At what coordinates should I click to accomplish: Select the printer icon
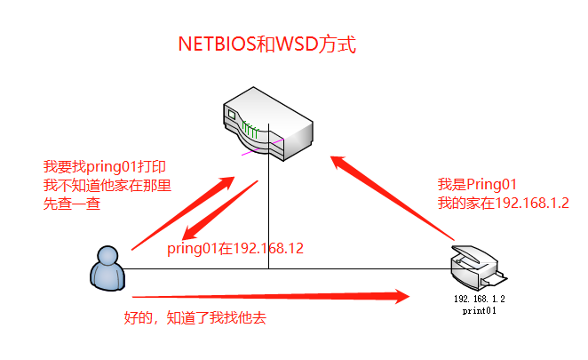tap(474, 265)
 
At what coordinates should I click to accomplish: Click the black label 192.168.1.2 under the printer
tap(479, 300)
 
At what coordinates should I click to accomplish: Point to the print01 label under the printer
tap(479, 311)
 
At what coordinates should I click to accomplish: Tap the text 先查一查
tap(72, 204)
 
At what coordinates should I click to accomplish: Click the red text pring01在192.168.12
tap(235, 248)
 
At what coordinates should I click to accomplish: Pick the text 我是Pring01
tap(477, 184)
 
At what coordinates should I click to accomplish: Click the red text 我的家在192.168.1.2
tap(503, 203)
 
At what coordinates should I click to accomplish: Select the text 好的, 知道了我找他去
tap(195, 316)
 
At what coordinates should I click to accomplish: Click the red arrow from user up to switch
tap(182, 214)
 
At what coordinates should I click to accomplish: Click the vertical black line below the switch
tap(269, 213)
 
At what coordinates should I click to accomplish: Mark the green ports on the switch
tap(250, 132)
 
